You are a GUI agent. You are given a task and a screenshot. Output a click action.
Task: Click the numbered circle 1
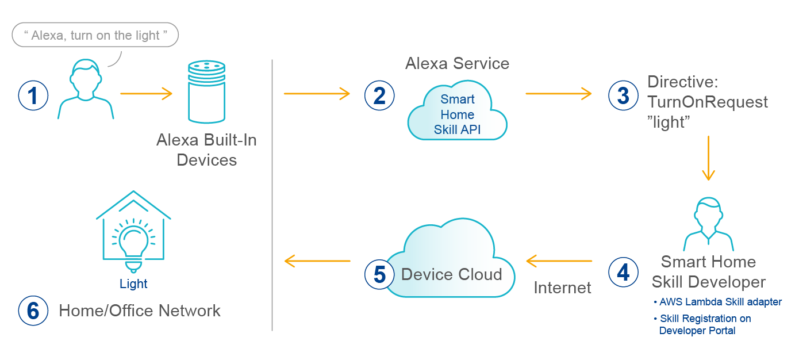[33, 95]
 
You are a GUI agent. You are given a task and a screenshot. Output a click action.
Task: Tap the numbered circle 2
[379, 95]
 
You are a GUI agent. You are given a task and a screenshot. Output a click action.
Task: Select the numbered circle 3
[623, 95]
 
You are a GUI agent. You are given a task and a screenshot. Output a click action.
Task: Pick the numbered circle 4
[623, 272]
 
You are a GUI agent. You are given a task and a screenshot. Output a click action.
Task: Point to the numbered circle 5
[379, 274]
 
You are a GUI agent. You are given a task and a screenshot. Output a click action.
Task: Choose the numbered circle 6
[33, 311]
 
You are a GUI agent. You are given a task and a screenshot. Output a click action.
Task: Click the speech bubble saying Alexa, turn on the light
[95, 36]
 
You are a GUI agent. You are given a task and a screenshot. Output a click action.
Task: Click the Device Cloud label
[451, 274]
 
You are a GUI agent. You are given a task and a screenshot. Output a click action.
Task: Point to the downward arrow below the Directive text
[708, 158]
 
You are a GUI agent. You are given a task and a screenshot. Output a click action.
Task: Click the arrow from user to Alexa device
[146, 93]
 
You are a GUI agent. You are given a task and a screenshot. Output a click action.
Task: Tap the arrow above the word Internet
[559, 261]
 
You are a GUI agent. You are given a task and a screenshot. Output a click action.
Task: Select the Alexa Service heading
[457, 63]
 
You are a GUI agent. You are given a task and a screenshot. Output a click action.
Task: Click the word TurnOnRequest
[708, 102]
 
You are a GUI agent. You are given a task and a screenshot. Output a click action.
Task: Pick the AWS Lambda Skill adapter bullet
[718, 302]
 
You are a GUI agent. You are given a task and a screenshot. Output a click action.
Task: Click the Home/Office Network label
[140, 311]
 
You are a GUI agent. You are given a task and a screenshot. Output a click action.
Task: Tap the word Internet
[562, 288]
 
